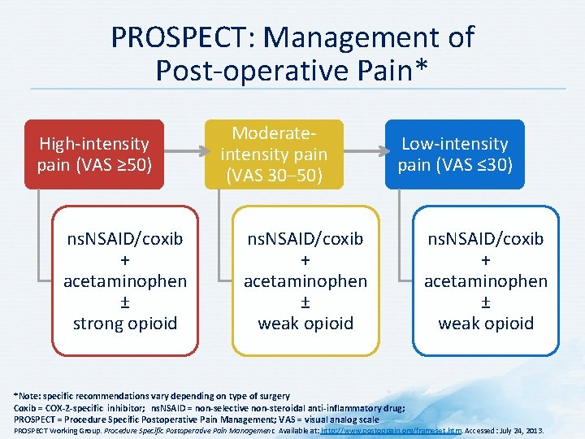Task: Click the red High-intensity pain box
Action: [93, 154]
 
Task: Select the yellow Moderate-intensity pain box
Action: [274, 154]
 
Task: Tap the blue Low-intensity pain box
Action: [454, 154]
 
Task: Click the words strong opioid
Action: [125, 323]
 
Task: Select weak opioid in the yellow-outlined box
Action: [305, 323]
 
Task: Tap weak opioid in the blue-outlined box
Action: [486, 323]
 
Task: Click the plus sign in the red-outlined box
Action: [125, 260]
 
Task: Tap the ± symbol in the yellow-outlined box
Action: [305, 302]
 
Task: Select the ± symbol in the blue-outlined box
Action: [486, 302]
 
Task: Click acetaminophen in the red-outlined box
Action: [125, 280]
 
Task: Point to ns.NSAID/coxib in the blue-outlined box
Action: [486, 239]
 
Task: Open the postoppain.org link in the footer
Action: [392, 430]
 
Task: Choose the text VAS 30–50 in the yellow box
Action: [274, 175]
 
